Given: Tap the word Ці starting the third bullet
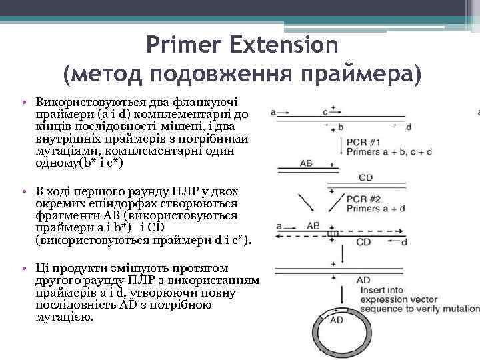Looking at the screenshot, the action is click(41, 267).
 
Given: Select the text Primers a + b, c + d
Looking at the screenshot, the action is click(389, 152).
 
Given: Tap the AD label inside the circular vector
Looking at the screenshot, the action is click(337, 321).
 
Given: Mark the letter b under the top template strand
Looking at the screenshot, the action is click(340, 127).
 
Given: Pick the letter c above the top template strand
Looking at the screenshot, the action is click(325, 113).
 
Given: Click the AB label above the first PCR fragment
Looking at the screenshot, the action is click(306, 162).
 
